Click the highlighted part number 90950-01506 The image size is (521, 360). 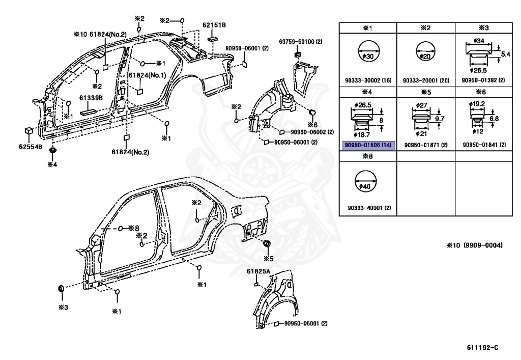(x=363, y=145)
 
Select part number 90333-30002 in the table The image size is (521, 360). (x=363, y=80)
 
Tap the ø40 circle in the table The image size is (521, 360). (x=365, y=181)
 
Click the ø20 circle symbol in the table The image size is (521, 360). (x=425, y=52)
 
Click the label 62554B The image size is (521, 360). (x=31, y=147)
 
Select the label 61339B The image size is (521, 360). (x=91, y=98)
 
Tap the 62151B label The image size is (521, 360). (x=214, y=25)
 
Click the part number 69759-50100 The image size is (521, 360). (x=297, y=42)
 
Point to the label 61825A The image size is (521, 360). (x=258, y=271)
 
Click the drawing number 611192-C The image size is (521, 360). (x=482, y=348)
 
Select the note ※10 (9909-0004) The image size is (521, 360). (x=475, y=245)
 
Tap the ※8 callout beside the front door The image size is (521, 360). (x=134, y=228)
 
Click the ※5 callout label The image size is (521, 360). (x=269, y=259)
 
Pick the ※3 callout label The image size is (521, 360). (x=63, y=307)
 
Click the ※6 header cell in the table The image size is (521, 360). (x=484, y=92)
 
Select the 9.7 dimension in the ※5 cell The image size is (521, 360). (x=439, y=119)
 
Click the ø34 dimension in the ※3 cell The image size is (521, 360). (x=478, y=41)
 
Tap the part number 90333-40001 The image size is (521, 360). (x=365, y=208)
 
